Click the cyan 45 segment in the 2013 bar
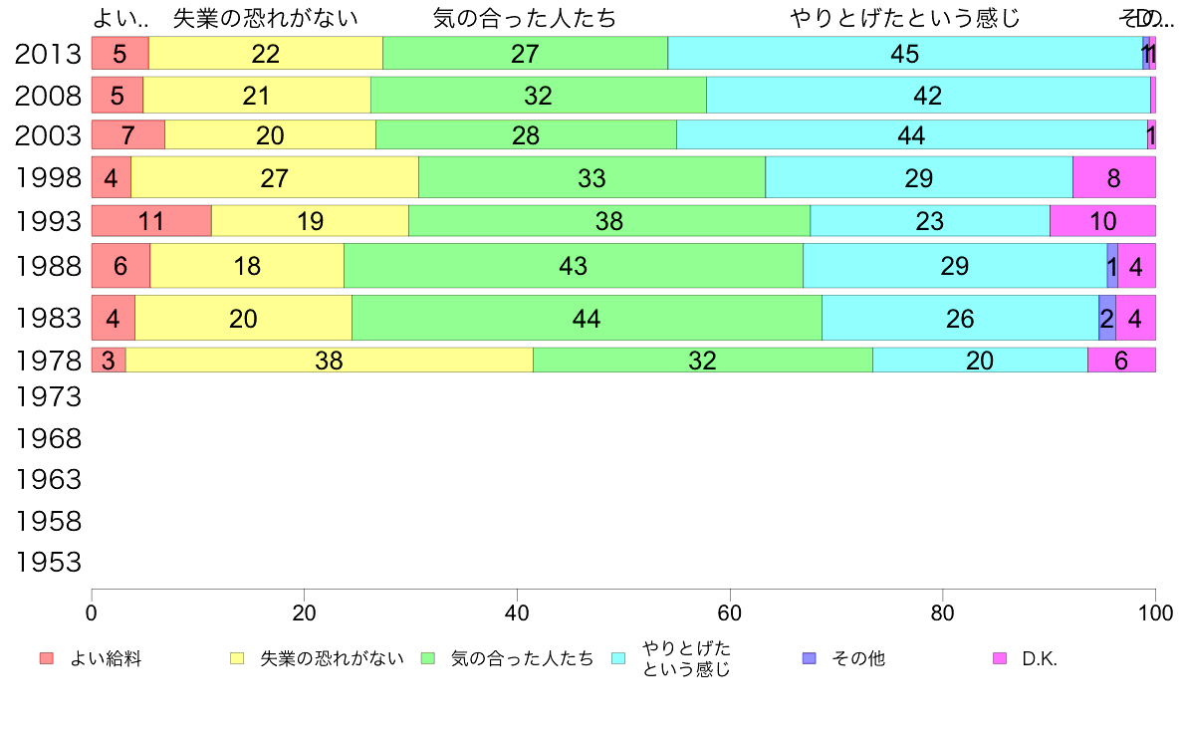pyautogui.click(x=904, y=54)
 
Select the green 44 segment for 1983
pyautogui.click(x=587, y=318)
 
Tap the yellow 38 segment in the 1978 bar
pyautogui.click(x=329, y=360)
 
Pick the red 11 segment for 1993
pyautogui.click(x=151, y=220)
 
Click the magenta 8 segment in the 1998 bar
pyautogui.click(x=1113, y=177)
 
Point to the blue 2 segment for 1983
pyautogui.click(x=1106, y=318)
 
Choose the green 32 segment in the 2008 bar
pyautogui.click(x=538, y=96)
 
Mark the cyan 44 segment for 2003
pyautogui.click(x=911, y=134)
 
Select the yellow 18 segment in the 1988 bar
pyautogui.click(x=247, y=266)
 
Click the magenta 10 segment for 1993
pyautogui.click(x=1102, y=220)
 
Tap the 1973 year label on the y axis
pyautogui.click(x=48, y=397)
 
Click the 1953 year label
pyautogui.click(x=48, y=563)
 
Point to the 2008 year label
pyautogui.click(x=48, y=96)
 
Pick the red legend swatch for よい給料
pyautogui.click(x=46, y=658)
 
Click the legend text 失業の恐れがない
pyautogui.click(x=332, y=658)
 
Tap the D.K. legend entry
pyautogui.click(x=1039, y=658)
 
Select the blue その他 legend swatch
pyautogui.click(x=809, y=658)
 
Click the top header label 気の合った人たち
pyautogui.click(x=525, y=18)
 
